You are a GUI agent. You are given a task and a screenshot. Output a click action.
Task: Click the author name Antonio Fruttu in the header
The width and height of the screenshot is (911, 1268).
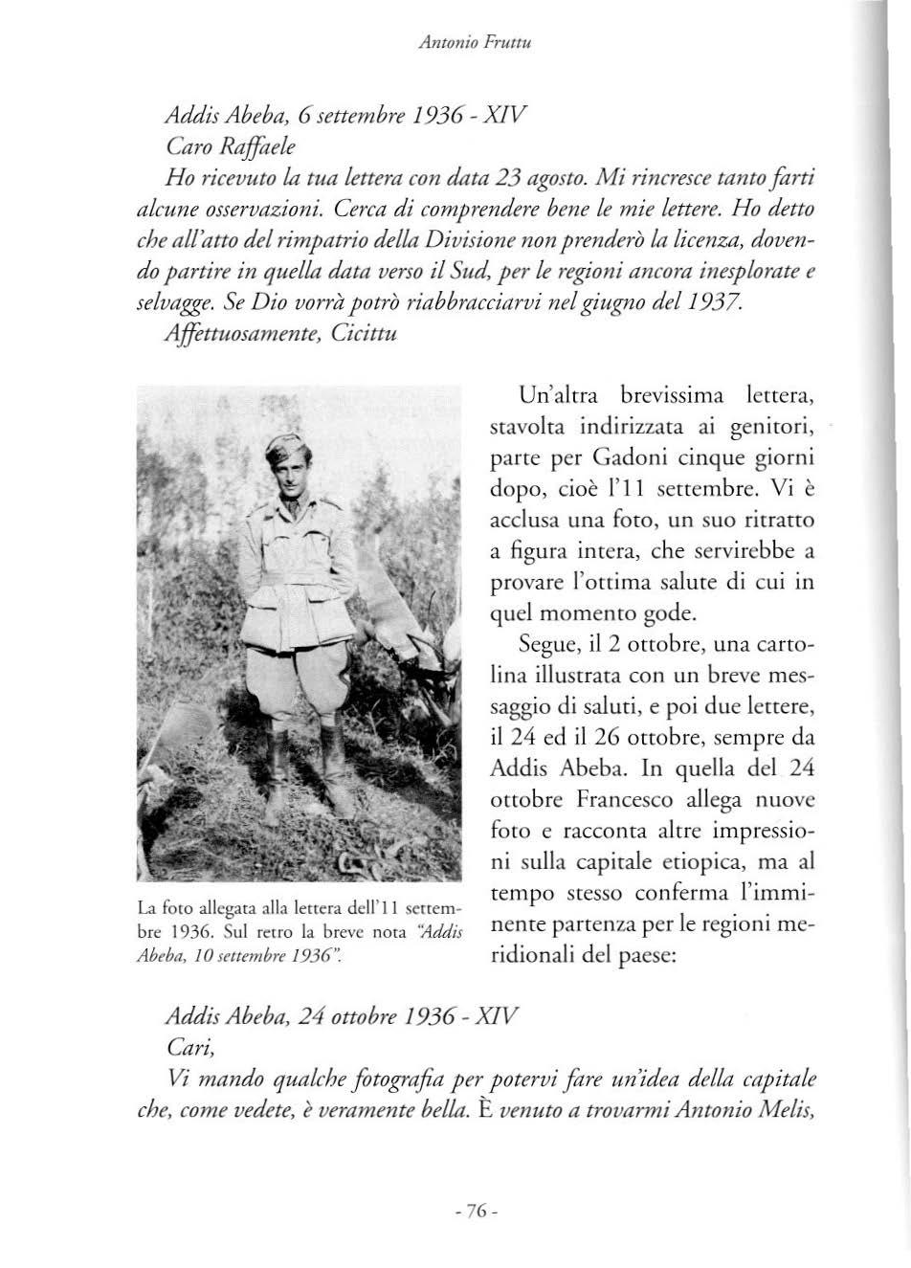[455, 40]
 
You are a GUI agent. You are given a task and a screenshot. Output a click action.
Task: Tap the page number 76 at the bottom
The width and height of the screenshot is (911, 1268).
[474, 1211]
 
